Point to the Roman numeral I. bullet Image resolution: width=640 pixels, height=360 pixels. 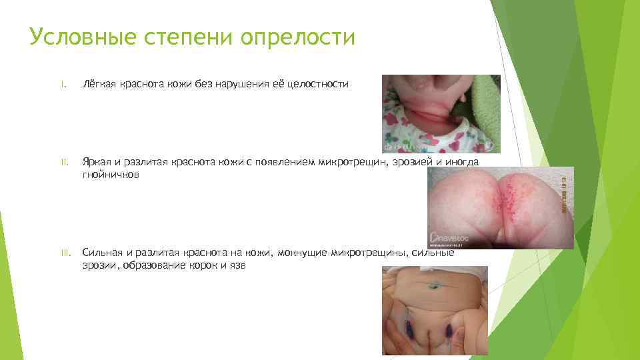(x=62, y=84)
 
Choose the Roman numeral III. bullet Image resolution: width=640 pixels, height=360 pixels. (x=65, y=253)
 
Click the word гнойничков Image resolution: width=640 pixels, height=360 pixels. (x=111, y=174)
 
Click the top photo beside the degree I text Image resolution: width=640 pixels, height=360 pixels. (x=441, y=113)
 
